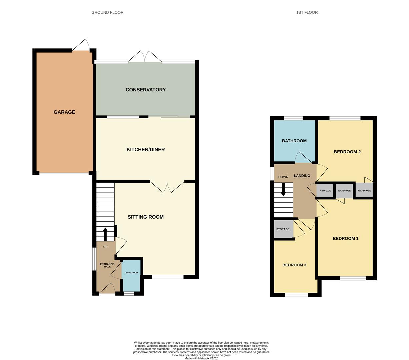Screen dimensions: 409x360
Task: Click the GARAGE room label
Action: point(64,112)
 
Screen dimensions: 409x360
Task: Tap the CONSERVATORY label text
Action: point(146,90)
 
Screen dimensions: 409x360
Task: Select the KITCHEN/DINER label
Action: point(146,149)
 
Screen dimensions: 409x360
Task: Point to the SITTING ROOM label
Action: point(146,217)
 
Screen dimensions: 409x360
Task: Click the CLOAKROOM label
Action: point(131,273)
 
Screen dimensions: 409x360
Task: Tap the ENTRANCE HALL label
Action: point(107,265)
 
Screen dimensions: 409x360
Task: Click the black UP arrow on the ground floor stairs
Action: point(105,234)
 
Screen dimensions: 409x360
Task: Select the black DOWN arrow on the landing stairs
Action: point(283,189)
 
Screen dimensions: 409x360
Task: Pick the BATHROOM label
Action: point(294,141)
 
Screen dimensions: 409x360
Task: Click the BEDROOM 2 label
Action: point(347,152)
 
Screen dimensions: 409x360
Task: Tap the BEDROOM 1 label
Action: point(345,238)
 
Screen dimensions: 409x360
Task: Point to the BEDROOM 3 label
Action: point(294,265)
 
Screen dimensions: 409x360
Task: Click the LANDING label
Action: point(302,176)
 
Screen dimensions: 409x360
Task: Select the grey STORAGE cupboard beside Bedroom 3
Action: point(283,229)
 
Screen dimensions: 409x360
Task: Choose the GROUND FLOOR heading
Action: point(107,12)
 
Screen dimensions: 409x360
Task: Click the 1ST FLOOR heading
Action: point(307,12)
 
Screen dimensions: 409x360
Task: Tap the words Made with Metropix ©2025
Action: point(201,358)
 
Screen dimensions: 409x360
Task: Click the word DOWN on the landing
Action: point(283,177)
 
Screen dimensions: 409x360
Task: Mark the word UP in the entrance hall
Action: point(105,247)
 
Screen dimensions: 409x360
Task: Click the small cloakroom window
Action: point(129,293)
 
